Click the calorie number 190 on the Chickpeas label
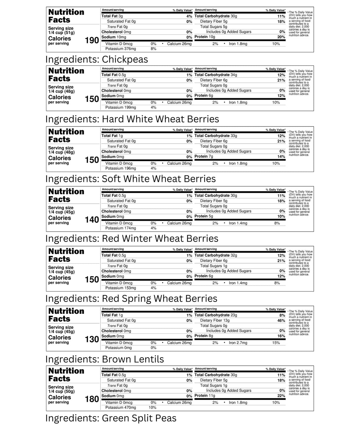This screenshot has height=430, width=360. [92, 40]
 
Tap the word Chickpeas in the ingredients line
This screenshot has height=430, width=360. [125, 59]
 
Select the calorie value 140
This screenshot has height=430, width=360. [92, 220]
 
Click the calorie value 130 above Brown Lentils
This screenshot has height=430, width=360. [92, 339]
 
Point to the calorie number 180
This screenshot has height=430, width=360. [92, 399]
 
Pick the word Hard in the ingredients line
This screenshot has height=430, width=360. [113, 119]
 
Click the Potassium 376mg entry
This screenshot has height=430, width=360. [120, 49]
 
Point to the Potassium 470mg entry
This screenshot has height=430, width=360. [120, 408]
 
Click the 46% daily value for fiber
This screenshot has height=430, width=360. [281, 321]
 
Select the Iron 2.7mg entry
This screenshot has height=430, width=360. [238, 343]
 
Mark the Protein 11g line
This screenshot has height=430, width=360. [205, 396]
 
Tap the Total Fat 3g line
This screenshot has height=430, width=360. [112, 16]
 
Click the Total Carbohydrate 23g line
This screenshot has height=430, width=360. [216, 315]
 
